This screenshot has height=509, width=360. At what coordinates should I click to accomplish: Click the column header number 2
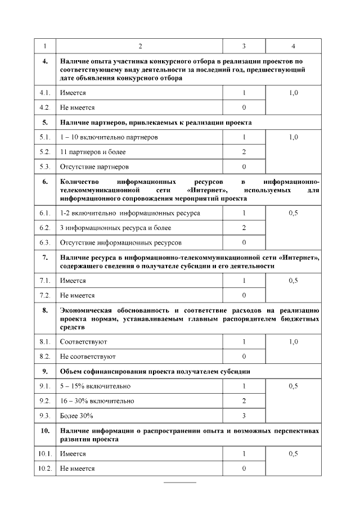[x=140, y=46]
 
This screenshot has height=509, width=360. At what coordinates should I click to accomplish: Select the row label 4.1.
[x=45, y=92]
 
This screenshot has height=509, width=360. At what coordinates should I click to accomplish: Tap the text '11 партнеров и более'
[x=93, y=152]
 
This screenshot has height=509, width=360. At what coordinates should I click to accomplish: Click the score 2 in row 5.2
[x=244, y=152]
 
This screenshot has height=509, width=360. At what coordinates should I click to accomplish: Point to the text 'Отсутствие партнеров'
[x=94, y=166]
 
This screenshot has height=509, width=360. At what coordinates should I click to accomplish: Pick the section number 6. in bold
[x=45, y=182]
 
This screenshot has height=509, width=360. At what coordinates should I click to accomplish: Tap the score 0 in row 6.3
[x=244, y=242]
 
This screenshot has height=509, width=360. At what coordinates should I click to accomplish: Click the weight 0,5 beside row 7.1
[x=293, y=280]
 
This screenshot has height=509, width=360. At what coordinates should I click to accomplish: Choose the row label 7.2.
[x=45, y=295]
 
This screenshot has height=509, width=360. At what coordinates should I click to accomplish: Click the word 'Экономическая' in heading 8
[x=85, y=310]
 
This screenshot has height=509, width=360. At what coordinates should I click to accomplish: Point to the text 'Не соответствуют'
[x=88, y=356]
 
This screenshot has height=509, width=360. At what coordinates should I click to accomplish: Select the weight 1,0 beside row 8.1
[x=293, y=341]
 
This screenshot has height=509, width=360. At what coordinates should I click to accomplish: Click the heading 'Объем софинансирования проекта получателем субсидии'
[x=155, y=372]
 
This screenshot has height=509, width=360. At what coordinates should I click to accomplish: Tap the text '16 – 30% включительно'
[x=97, y=401]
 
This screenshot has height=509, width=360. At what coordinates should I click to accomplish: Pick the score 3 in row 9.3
[x=244, y=416]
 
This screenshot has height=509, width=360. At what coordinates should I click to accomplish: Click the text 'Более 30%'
[x=76, y=416]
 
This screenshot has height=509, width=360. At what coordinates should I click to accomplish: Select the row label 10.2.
[x=45, y=469]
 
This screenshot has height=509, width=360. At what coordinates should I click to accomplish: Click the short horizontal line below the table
[x=180, y=483]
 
